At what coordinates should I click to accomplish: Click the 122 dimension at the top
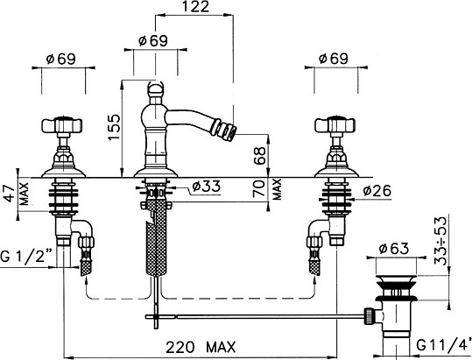tap(195, 7)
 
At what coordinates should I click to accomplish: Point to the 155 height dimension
tap(114, 127)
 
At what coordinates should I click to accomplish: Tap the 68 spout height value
tap(259, 155)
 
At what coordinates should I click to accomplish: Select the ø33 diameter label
tap(206, 187)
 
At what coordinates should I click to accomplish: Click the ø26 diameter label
tap(377, 191)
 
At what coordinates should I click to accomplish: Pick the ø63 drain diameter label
tap(394, 249)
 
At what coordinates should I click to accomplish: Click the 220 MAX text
tap(201, 348)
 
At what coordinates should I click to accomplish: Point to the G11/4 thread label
tap(444, 345)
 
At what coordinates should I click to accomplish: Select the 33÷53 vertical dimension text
tap(440, 241)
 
